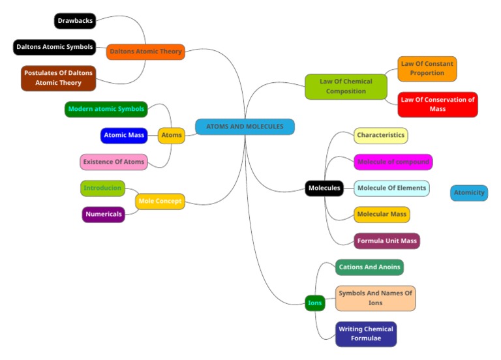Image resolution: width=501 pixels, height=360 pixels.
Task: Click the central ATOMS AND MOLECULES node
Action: (245, 127)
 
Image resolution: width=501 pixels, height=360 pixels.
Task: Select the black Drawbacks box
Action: (74, 21)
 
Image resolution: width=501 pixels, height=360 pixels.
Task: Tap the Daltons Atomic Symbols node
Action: (55, 47)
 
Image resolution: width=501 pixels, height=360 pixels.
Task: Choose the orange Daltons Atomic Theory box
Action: (145, 52)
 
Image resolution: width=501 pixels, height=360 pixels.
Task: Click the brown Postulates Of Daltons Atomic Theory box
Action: (58, 78)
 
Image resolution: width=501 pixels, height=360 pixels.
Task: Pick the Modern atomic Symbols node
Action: (106, 109)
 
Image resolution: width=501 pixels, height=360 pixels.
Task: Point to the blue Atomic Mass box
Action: (124, 135)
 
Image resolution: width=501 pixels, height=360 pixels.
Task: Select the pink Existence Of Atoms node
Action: (114, 162)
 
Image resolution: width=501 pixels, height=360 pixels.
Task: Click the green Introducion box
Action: (102, 188)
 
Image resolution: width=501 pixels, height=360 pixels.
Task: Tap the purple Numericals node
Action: (103, 215)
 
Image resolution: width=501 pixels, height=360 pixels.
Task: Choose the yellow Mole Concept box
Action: (160, 202)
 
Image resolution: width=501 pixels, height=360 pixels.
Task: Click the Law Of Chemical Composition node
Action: (346, 87)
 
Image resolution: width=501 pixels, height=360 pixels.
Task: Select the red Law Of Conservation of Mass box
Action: (438, 104)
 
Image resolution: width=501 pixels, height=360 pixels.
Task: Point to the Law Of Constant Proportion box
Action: (427, 68)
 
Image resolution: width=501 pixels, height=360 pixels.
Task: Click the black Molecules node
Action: (324, 188)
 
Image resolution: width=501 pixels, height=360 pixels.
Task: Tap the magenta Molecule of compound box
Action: (393, 162)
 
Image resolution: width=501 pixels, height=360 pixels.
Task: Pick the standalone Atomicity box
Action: (469, 193)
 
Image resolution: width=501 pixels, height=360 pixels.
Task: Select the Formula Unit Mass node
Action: (387, 241)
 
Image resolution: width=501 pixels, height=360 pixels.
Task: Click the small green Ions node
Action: (315, 303)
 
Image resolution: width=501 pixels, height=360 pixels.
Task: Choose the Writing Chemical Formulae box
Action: (366, 334)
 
